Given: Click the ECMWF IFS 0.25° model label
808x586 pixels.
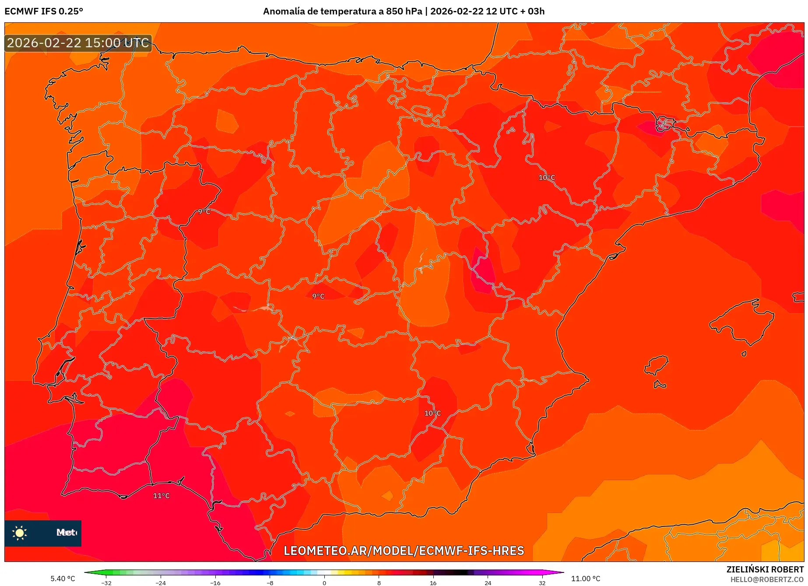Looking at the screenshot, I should [44, 11].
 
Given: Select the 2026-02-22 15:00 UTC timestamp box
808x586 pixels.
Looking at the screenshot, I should [78, 43].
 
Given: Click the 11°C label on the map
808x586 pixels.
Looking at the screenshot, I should [161, 496].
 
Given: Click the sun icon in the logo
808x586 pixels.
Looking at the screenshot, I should [20, 533].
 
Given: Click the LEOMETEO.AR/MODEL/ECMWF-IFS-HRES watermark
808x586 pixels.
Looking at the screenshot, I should [404, 551].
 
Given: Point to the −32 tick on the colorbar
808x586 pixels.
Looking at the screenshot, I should [106, 582].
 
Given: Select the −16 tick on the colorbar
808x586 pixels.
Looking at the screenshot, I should [215, 582].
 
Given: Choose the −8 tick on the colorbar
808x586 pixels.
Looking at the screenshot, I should [270, 582].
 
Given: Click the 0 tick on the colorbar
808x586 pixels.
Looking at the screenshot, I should [324, 582].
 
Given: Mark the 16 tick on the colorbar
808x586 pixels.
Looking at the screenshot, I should [433, 582].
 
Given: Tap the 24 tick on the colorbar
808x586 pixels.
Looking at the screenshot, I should [488, 582].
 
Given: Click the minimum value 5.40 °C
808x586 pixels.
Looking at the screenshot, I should [63, 579].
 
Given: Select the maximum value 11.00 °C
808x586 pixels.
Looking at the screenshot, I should [586, 579].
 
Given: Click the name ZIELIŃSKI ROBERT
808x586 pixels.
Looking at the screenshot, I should [765, 569].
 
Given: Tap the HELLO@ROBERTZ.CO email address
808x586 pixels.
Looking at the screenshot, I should [766, 579].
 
